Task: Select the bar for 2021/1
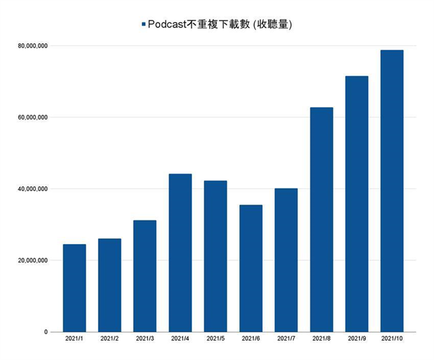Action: click(75, 288)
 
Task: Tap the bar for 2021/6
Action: click(251, 268)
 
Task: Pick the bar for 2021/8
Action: click(322, 219)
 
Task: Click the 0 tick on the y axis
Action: click(46, 332)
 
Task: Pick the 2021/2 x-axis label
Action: click(110, 339)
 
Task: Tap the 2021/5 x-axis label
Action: click(216, 339)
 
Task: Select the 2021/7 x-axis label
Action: click(286, 339)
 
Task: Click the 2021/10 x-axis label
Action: click(392, 339)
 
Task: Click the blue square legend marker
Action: click(144, 24)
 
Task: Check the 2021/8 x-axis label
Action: click(322, 339)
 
